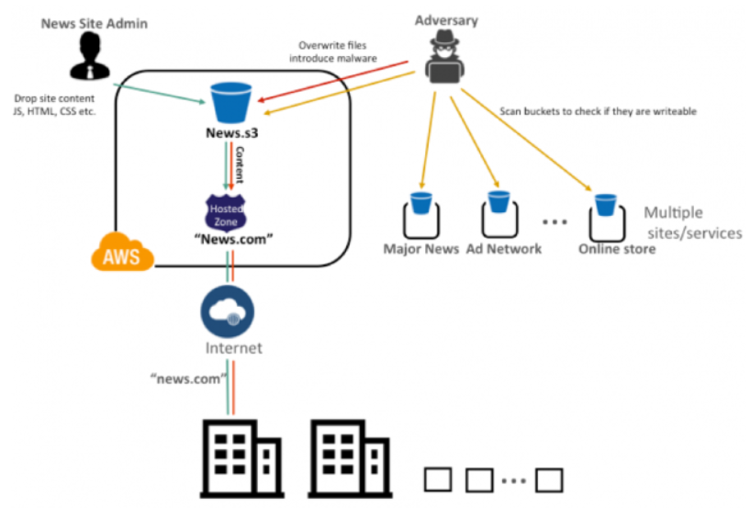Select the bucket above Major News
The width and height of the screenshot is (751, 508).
(421, 202)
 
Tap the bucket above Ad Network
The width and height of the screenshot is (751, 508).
(499, 202)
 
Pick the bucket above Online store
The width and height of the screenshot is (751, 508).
(605, 203)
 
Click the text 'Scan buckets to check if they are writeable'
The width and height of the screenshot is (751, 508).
(597, 112)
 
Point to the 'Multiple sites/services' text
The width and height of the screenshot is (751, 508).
(691, 221)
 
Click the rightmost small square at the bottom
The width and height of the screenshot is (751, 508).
(548, 479)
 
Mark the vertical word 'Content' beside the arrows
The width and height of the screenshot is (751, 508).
(241, 163)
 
